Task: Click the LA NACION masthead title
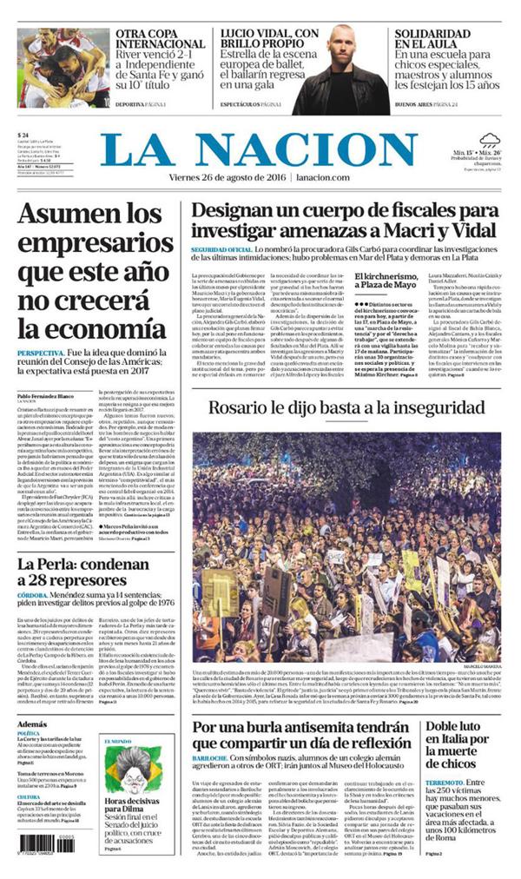[x=260, y=149]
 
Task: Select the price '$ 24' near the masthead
[x=24, y=135]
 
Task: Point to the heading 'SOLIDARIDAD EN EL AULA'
[x=433, y=38]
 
